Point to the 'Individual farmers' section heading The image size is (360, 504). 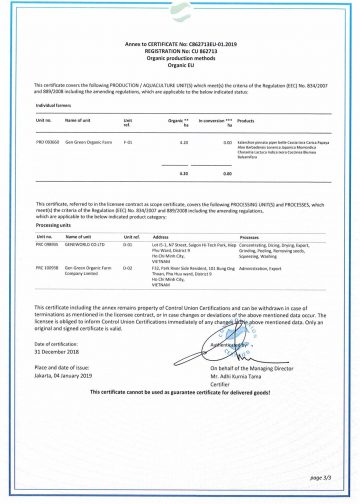coord(56,105)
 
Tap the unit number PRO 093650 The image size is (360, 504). coord(48,144)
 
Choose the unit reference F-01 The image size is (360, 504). coord(127,144)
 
